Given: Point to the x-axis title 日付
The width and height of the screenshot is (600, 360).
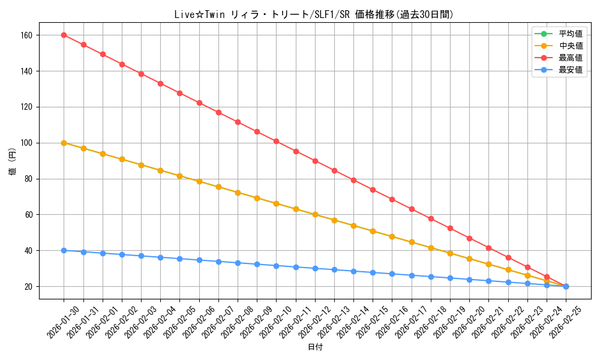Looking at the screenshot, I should [315, 347].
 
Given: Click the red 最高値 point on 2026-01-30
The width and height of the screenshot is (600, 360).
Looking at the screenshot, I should [64, 35].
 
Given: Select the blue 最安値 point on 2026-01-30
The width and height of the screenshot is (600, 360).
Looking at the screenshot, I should [64, 250].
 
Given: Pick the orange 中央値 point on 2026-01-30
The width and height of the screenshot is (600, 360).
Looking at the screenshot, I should [64, 143].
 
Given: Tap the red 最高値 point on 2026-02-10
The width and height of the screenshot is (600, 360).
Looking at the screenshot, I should [276, 141].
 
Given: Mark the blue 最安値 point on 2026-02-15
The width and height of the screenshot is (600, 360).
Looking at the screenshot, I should [373, 272].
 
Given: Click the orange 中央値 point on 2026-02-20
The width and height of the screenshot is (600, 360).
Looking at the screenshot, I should [469, 259].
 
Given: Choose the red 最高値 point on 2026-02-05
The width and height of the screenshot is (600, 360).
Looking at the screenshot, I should [179, 93].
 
